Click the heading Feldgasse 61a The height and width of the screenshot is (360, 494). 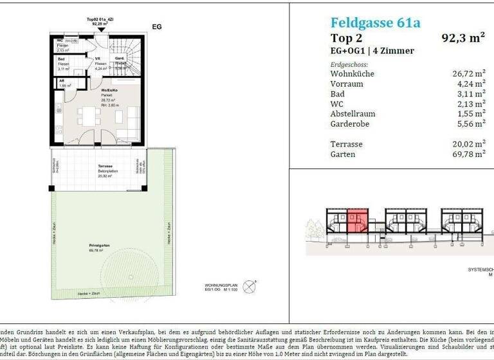click(x=375, y=23)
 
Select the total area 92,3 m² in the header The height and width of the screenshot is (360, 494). click(x=463, y=38)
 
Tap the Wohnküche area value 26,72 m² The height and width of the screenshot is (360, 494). click(x=468, y=74)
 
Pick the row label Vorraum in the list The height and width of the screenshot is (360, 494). click(x=346, y=84)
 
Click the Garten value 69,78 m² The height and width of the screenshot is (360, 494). click(x=468, y=154)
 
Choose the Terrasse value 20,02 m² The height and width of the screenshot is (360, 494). click(x=468, y=145)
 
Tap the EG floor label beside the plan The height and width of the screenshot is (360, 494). click(x=156, y=27)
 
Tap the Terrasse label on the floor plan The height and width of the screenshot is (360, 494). click(x=96, y=166)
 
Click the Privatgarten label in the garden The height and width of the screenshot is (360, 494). click(x=99, y=246)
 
